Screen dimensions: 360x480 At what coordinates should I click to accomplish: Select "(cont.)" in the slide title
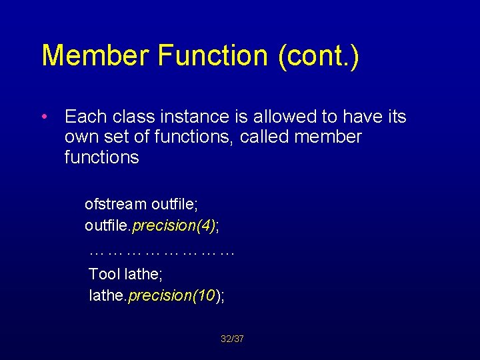[x=317, y=57]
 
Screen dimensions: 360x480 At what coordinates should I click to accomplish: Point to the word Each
[x=85, y=117]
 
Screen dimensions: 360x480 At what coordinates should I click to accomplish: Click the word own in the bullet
[x=80, y=138]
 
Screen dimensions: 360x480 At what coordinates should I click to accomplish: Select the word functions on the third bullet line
[x=101, y=158]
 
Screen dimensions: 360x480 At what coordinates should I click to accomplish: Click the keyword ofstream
[x=115, y=204]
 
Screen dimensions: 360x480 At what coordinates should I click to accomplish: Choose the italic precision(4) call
[x=174, y=227]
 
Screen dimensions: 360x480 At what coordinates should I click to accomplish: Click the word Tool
[x=105, y=273]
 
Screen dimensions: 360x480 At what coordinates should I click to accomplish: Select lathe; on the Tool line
[x=143, y=273]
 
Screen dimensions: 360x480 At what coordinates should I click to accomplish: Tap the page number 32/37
[x=232, y=339]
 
